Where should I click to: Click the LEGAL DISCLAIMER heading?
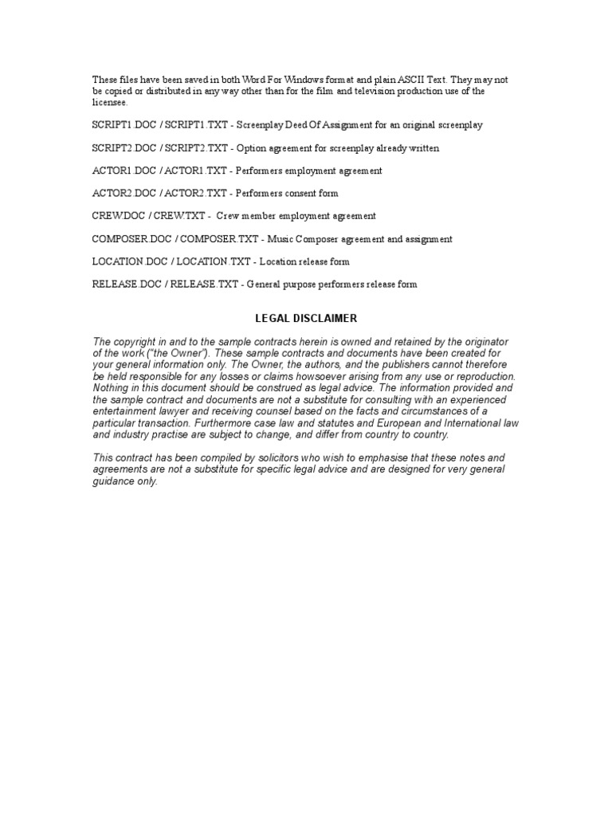[x=306, y=318]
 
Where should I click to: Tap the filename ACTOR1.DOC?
[x=117, y=171]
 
